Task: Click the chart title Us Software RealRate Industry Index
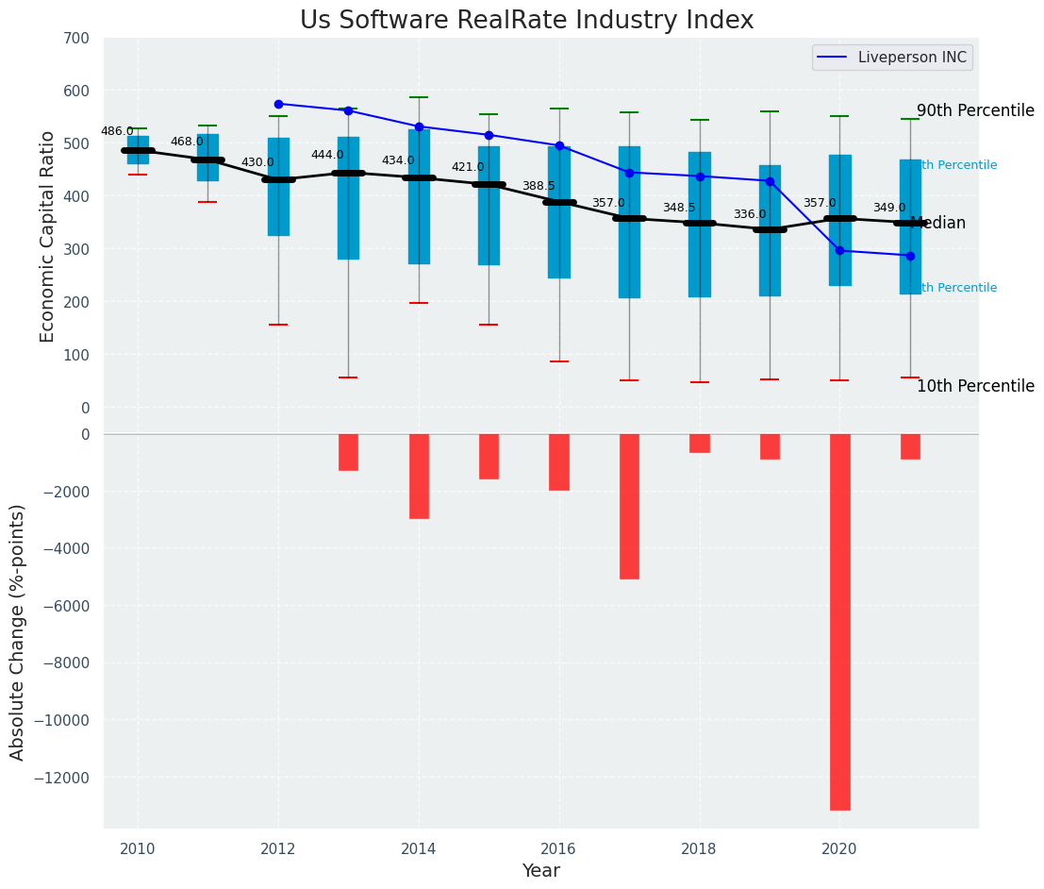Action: (x=526, y=21)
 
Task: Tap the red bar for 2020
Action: (x=839, y=621)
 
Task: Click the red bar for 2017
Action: (x=629, y=506)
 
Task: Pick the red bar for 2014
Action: (x=419, y=476)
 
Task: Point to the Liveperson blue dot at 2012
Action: (x=278, y=104)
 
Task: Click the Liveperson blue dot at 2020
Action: (x=839, y=251)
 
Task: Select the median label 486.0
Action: (x=117, y=131)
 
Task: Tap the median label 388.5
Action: (x=539, y=186)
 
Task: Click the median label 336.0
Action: (x=750, y=214)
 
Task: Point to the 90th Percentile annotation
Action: (x=975, y=110)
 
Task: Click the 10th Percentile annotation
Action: (x=975, y=386)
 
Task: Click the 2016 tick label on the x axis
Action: (x=559, y=848)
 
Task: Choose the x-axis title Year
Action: (x=541, y=870)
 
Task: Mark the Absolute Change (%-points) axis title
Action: (x=18, y=631)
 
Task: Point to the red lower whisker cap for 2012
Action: (x=278, y=325)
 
